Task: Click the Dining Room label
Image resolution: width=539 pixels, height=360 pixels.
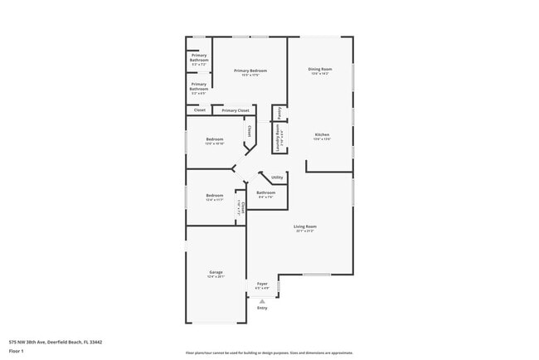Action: click(321, 69)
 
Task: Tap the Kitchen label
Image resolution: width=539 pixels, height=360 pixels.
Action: click(322, 134)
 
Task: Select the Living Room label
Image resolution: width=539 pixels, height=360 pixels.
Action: click(305, 226)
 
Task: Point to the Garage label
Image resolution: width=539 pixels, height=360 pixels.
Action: click(216, 272)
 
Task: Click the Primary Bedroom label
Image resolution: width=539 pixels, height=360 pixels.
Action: click(250, 71)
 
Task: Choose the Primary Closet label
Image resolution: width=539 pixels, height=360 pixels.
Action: click(236, 110)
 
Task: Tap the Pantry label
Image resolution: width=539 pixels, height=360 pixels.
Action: click(280, 113)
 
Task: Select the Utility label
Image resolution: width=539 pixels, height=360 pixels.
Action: click(277, 177)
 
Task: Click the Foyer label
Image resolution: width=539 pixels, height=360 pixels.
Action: click(262, 284)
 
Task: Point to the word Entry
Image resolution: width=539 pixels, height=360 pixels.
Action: click(262, 308)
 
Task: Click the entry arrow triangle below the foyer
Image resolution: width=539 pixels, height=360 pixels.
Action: click(262, 301)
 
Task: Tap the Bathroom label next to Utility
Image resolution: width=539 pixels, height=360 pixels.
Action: click(265, 192)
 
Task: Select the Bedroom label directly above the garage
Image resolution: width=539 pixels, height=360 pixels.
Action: click(215, 195)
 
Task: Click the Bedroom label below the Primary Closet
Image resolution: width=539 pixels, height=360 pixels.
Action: click(215, 139)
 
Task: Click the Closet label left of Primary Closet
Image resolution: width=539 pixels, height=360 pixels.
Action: click(199, 110)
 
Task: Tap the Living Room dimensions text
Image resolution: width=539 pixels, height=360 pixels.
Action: click(305, 231)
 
